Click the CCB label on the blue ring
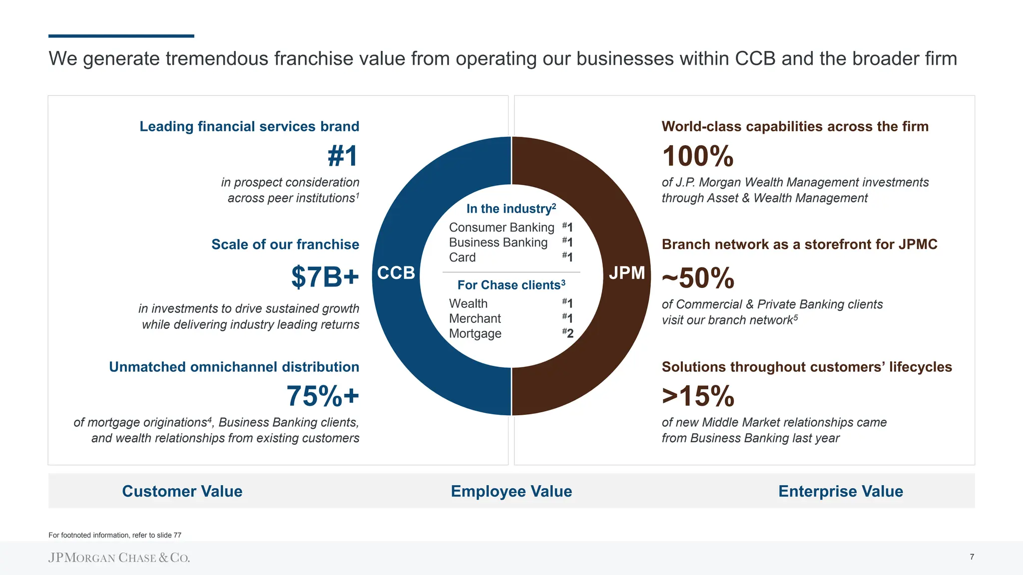coord(396,273)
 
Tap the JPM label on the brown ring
coord(627,273)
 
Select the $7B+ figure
coord(325,277)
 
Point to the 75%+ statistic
coord(323,396)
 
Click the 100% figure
coord(698,156)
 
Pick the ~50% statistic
coord(698,278)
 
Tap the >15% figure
coord(698,396)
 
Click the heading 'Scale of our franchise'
coord(285,245)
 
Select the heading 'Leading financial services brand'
coord(249,127)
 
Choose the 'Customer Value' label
coord(182,491)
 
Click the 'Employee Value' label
coord(511,491)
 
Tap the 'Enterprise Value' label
coord(840,491)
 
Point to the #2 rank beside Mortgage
coord(568,333)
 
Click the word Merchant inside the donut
coord(475,318)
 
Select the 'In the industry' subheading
coord(511,209)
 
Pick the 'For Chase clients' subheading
coord(511,285)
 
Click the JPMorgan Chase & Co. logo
coord(119,558)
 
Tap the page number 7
coord(972,557)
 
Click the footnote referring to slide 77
coord(115,535)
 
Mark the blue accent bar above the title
coord(121,36)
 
